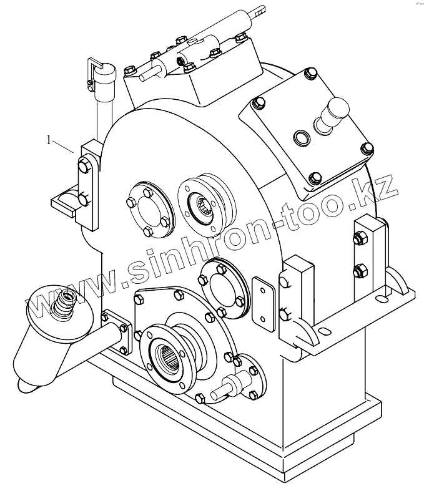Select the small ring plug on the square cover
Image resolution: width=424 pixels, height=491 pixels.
coord(301,137)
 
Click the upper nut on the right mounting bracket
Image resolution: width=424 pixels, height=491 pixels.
coord(359,238)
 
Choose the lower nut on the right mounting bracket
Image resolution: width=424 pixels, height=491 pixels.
coord(359,271)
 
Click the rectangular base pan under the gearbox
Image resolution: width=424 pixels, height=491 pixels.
coord(250,437)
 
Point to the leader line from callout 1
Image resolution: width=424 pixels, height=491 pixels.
coord(64,147)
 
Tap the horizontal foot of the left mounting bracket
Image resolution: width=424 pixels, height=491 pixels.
coord(65,201)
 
